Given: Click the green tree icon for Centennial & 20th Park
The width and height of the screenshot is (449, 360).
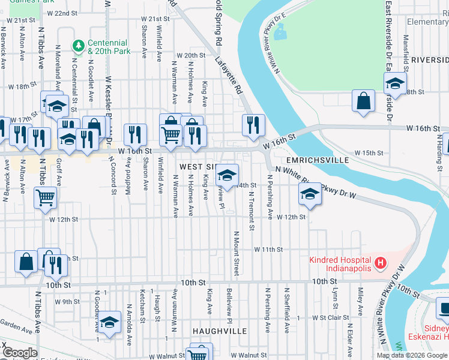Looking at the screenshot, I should (x=78, y=46).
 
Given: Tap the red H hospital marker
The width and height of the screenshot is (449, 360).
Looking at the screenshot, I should (x=379, y=262).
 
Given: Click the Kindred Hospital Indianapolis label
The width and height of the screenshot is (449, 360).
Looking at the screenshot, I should (x=340, y=264).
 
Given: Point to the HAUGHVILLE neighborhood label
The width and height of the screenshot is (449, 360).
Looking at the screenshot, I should (x=220, y=331).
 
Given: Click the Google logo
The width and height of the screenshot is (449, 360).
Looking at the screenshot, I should (x=20, y=353).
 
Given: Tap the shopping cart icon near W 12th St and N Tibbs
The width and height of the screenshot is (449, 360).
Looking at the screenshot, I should (x=46, y=197).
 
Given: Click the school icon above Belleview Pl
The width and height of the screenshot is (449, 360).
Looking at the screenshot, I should (x=227, y=175).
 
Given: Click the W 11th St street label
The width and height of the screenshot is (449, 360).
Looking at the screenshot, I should (x=268, y=248).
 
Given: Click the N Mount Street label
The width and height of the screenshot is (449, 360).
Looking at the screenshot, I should (x=237, y=253).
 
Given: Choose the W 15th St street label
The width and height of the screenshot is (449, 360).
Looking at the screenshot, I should (x=368, y=153).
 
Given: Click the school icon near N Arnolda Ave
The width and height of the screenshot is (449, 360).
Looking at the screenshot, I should (x=109, y=322).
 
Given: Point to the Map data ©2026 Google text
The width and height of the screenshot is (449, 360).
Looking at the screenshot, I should (x=411, y=355).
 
